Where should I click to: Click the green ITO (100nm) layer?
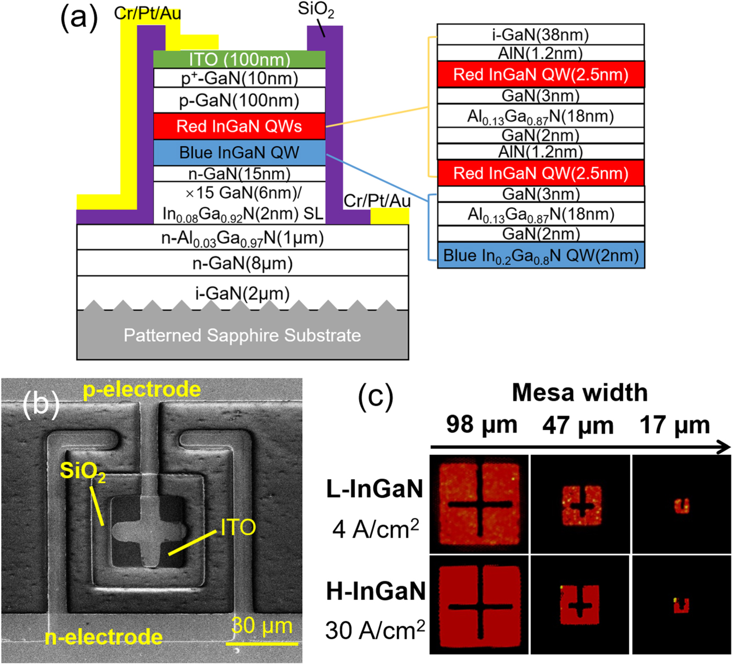239,59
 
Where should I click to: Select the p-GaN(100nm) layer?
239,100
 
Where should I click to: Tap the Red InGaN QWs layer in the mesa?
239,126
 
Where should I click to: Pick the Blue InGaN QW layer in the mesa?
239,152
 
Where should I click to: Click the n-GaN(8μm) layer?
243,263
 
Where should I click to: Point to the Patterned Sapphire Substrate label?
243,335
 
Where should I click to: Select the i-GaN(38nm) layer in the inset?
541,35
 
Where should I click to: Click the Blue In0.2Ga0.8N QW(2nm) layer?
541,255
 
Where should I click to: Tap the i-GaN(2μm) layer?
243,293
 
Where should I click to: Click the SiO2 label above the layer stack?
316,10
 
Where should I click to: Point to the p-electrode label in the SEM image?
142,390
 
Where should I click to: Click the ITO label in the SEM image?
238,527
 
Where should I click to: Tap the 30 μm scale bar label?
262,626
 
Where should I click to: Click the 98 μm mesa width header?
482,425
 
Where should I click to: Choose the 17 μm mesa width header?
674,425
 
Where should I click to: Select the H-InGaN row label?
375,591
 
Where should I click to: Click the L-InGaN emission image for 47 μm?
581,504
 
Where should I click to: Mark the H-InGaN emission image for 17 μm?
681,605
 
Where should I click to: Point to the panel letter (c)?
375,396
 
